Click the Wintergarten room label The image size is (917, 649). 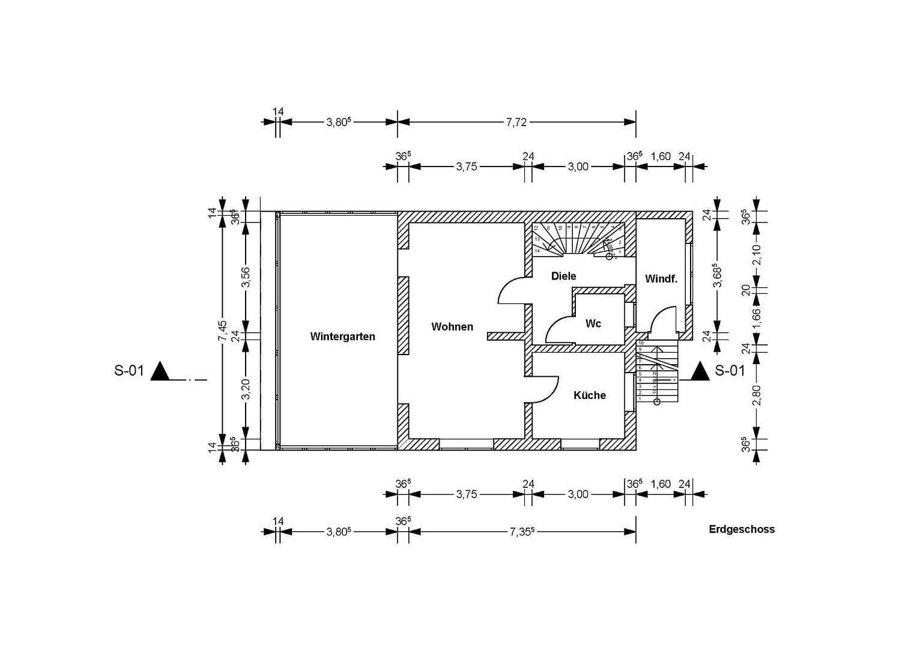point(342,337)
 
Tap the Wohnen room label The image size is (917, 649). point(452,327)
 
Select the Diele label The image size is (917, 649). point(563,276)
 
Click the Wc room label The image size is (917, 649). point(593,324)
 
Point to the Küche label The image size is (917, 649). point(589,395)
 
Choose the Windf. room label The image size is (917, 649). point(661,279)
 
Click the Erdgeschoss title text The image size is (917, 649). point(742,529)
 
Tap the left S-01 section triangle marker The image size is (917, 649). point(160,371)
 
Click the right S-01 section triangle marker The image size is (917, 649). point(700,371)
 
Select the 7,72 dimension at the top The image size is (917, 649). point(516,122)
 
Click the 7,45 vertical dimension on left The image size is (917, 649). point(223,331)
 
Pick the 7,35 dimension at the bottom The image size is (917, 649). point(522,532)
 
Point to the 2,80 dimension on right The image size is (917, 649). point(757,395)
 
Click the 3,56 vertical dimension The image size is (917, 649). point(246,277)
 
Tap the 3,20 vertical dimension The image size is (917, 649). point(246,389)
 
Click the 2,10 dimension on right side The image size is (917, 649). point(757,255)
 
